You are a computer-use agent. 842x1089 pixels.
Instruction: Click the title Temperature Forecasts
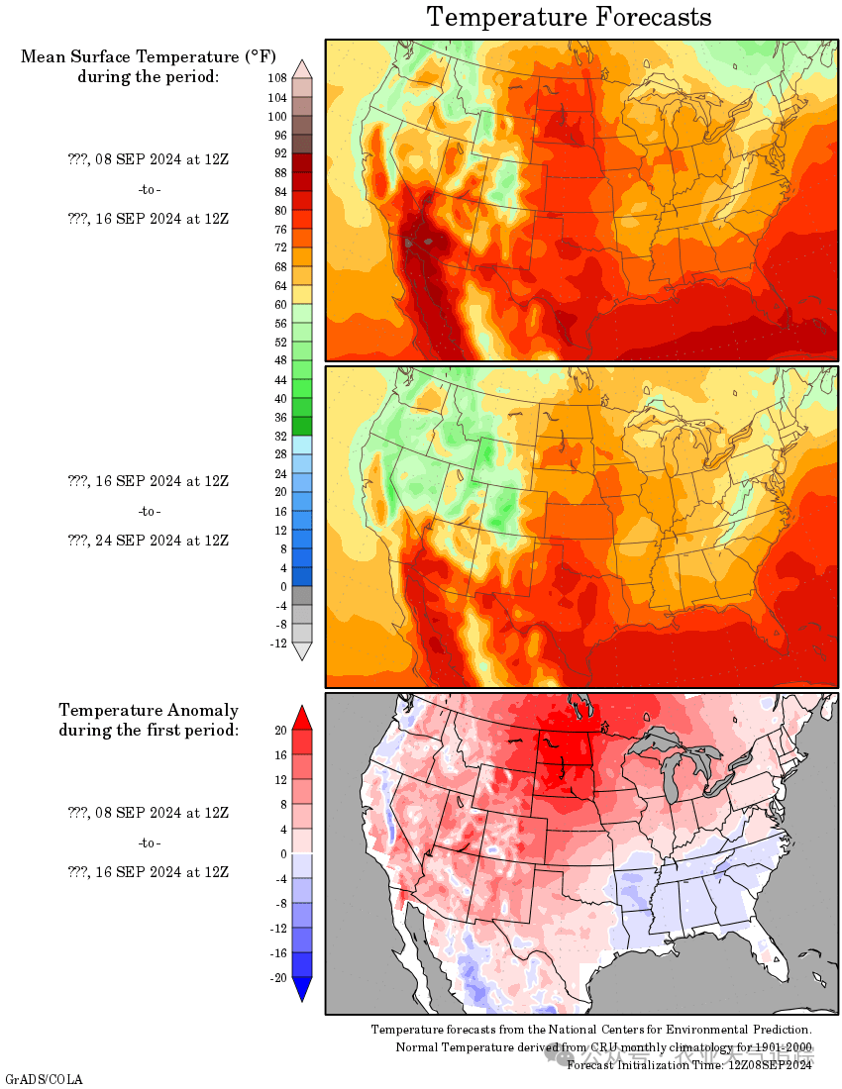point(569,17)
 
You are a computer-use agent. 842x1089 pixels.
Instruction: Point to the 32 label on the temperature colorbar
point(279,436)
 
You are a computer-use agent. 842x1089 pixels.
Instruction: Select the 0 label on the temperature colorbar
point(282,587)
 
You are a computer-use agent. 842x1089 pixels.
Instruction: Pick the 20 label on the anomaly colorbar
point(280,731)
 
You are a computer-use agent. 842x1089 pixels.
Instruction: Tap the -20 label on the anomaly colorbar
point(277,978)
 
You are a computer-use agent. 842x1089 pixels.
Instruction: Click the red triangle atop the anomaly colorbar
point(303,717)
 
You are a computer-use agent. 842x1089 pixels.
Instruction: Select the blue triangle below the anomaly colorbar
point(303,989)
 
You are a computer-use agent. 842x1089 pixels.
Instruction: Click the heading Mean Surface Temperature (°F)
point(148,56)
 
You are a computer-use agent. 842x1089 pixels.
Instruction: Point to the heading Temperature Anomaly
point(149,710)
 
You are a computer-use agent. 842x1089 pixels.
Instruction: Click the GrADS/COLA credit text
point(44,1078)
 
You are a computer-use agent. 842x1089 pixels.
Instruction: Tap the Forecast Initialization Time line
point(689,1064)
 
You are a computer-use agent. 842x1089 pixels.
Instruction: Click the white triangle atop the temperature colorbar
point(303,67)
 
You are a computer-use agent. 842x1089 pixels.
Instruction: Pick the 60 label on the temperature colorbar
point(279,304)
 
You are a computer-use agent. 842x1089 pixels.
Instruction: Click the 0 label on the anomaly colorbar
point(282,853)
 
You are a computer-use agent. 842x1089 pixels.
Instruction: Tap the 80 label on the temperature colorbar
point(279,210)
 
